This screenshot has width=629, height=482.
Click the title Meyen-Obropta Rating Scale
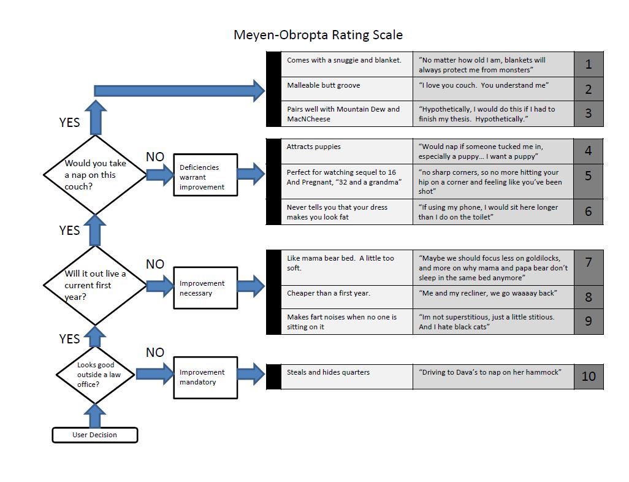tap(318, 35)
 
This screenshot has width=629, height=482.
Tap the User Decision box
tap(95, 435)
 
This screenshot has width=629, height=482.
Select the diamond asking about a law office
tap(95, 375)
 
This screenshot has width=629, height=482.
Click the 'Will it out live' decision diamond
tap(95, 285)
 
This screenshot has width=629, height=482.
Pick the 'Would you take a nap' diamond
tap(95, 175)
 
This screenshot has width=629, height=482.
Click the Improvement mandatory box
tap(205, 377)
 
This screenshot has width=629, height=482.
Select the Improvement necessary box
tap(205, 288)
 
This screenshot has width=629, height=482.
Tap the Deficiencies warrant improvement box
tap(205, 175)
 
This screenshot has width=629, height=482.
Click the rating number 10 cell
tap(589, 377)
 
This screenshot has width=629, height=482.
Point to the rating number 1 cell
tap(589, 64)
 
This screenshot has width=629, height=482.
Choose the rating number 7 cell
tap(589, 268)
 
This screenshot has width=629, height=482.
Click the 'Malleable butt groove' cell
tap(347, 89)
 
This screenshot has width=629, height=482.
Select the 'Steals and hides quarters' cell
tap(347, 377)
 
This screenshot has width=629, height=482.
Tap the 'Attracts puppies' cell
tap(347, 151)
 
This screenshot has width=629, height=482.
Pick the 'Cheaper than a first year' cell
tap(347, 297)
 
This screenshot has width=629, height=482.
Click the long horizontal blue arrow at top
tap(179, 91)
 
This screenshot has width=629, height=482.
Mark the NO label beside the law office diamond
tap(155, 353)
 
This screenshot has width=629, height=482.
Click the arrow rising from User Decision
tap(95, 416)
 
